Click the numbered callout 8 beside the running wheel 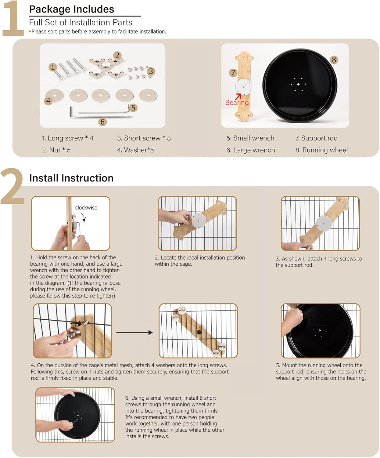[334, 60]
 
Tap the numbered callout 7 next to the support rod [233, 73]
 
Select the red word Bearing [237, 102]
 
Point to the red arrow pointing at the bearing [238, 96]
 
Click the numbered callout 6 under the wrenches [102, 122]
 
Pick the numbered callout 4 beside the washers [48, 101]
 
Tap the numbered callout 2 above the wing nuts [117, 56]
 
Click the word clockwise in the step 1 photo [86, 208]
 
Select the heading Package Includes [72, 9]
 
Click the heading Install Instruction [71, 178]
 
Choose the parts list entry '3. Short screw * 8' [144, 138]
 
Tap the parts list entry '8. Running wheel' [321, 150]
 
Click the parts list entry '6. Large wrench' [250, 150]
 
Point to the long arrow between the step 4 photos [134, 333]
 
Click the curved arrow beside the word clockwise [83, 218]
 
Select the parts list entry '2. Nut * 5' [56, 150]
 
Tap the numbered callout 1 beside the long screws [52, 67]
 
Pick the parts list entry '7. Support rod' [317, 138]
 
